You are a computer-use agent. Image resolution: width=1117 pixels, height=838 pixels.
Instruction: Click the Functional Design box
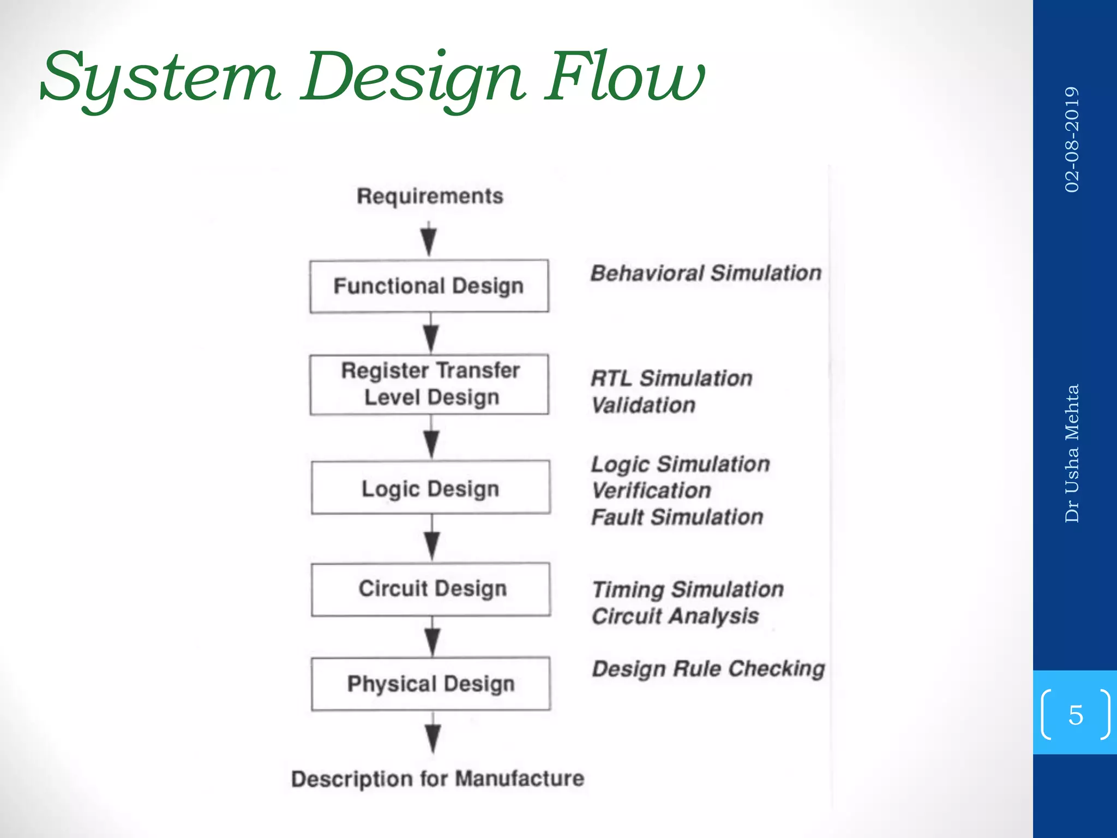[x=429, y=286]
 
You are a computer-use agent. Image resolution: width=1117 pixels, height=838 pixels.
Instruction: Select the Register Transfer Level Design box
[x=429, y=384]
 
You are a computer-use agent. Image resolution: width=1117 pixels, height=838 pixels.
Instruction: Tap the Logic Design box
[x=430, y=487]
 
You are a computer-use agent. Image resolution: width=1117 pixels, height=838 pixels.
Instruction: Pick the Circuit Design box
[x=431, y=589]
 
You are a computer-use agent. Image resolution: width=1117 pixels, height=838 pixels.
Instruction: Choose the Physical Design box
[x=431, y=684]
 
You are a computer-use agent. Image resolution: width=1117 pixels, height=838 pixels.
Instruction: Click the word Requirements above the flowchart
[x=430, y=196]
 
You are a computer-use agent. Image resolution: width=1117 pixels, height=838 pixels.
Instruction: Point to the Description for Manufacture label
[x=437, y=779]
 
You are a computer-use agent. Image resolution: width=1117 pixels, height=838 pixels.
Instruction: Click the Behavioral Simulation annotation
[x=706, y=273]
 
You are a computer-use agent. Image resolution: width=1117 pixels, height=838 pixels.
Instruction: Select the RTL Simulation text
[x=671, y=378]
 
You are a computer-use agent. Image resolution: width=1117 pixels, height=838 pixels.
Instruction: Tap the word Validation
[x=644, y=405]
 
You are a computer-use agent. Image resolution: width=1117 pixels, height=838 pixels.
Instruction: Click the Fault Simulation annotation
[x=677, y=517]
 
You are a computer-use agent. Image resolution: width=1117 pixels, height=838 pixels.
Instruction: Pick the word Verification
[x=651, y=490]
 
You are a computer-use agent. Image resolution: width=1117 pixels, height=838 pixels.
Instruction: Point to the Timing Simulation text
[x=688, y=589]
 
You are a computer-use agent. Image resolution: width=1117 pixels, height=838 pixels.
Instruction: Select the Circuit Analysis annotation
[x=675, y=616]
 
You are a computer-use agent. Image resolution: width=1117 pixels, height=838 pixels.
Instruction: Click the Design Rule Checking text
[x=708, y=669]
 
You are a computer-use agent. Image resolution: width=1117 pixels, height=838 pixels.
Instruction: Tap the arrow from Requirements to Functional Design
[x=429, y=239]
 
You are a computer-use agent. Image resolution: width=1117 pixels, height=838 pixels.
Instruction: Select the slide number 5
[x=1075, y=715]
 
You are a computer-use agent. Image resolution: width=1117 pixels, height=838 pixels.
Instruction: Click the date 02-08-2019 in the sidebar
[x=1072, y=139]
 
